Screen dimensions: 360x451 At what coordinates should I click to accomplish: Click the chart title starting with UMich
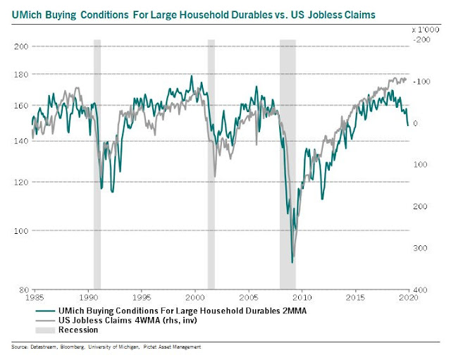194,14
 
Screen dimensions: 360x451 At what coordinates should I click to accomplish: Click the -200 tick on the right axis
420,41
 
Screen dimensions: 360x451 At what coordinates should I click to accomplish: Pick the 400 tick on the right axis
421,290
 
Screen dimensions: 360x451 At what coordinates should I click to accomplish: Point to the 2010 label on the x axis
302,297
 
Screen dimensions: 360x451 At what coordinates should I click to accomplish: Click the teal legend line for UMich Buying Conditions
46,311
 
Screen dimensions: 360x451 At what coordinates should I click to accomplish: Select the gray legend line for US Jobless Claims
46,320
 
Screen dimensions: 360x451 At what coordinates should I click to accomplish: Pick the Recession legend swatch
46,329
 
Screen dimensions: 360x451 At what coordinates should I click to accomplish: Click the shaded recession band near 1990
97,162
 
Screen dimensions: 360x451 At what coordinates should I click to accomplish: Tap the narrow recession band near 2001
211,162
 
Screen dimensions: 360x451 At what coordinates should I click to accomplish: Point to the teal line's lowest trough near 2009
292,262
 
